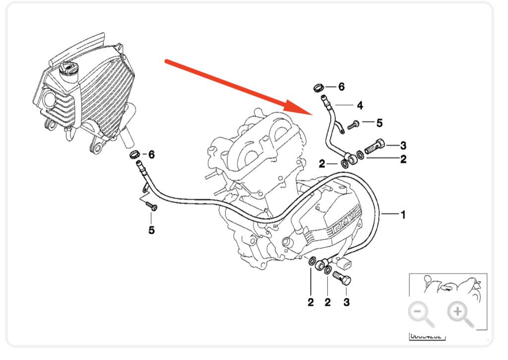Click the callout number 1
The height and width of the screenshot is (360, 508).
point(403,215)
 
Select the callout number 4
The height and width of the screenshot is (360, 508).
point(360,105)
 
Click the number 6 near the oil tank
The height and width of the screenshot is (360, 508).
point(151,155)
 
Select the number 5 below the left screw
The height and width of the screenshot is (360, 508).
point(151,230)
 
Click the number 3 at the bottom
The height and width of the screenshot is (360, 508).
point(347,302)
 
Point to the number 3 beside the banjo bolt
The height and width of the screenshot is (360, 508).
point(403,145)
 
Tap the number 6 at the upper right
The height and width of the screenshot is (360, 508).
point(341,86)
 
